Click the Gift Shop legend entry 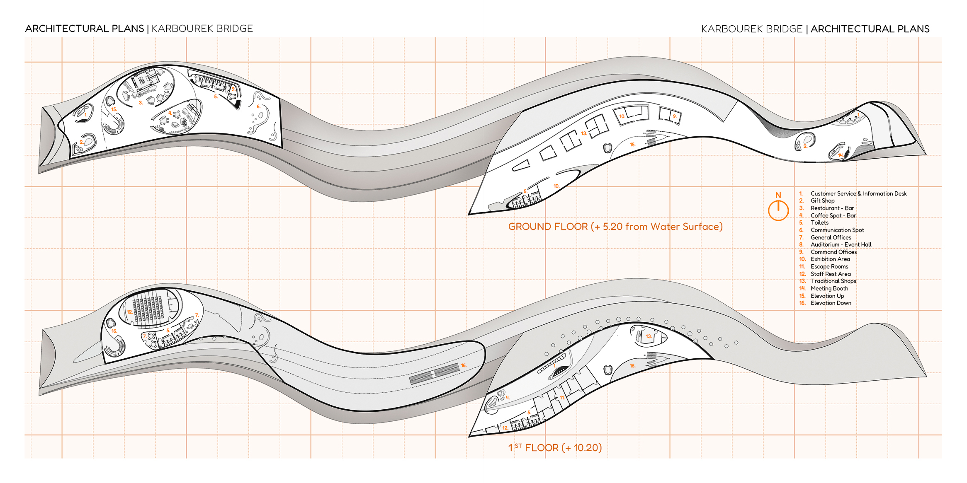pos(822,201)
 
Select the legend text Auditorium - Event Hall pos(841,245)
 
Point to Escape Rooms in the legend pos(829,267)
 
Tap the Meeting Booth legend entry pos(829,289)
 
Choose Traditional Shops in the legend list pos(833,281)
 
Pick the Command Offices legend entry pos(833,252)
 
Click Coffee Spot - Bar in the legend pos(833,216)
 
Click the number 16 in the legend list pos(802,303)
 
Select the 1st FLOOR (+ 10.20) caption pos(555,448)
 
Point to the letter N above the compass pos(778,195)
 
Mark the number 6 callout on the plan pos(258,106)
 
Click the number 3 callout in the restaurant pos(141,103)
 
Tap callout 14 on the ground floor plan pos(840,155)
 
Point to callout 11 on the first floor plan pos(562,398)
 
